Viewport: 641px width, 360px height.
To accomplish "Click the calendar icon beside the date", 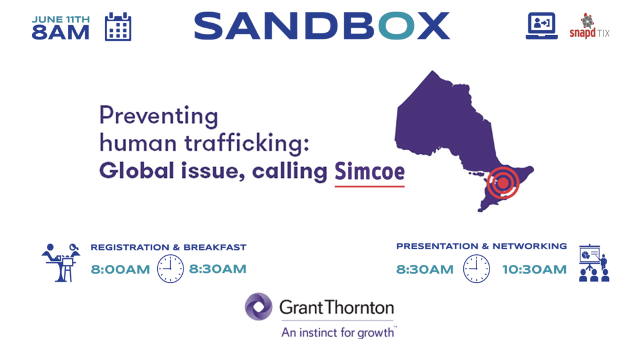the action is tap(118, 26).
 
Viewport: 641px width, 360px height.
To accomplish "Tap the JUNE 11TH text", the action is tap(61, 19).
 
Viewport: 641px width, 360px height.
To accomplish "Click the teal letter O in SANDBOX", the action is tap(396, 26).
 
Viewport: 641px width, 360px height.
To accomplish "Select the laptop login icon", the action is tap(541, 26).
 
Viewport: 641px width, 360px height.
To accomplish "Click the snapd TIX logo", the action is tap(590, 26).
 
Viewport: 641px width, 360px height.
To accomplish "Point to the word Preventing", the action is tap(158, 116).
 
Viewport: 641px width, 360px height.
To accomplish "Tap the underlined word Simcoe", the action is tap(369, 171).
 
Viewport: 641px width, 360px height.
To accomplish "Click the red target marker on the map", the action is tap(503, 183).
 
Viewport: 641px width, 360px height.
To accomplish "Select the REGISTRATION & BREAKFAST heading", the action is tap(168, 247).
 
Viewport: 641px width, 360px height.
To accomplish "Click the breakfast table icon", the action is tap(61, 262).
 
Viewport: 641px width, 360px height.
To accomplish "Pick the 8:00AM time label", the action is tap(120, 270).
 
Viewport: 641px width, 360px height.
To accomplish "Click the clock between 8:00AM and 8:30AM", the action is tap(170, 269).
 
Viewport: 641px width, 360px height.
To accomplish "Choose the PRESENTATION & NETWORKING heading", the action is tap(481, 246).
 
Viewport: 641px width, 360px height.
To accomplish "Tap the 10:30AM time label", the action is tap(535, 270).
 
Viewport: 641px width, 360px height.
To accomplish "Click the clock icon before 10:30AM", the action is tap(476, 269).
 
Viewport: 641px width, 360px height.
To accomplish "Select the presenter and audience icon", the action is tap(594, 264).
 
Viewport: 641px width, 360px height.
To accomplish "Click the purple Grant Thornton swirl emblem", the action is tap(259, 306).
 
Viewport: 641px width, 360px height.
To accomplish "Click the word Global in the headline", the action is tap(136, 170).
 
